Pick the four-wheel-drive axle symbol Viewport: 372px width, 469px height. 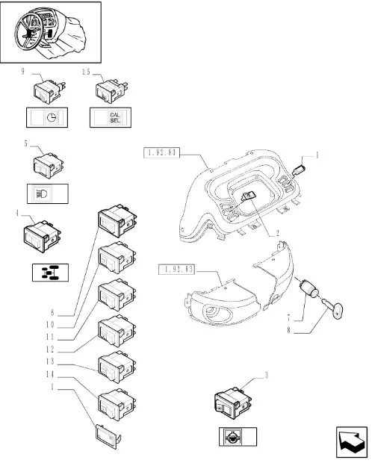click(50, 273)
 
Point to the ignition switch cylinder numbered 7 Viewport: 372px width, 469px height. click(309, 288)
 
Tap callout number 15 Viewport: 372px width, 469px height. click(86, 72)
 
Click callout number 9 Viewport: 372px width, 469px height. click(22, 72)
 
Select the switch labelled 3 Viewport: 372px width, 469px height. click(233, 403)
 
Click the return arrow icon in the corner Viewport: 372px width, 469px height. click(352, 442)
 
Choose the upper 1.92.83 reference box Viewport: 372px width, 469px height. click(161, 152)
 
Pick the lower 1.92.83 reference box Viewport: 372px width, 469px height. click(176, 269)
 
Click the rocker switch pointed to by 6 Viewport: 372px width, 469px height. click(117, 221)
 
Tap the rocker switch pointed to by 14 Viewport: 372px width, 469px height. click(117, 405)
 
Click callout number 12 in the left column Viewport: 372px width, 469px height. click(50, 349)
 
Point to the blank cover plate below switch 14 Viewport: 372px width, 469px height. click(108, 436)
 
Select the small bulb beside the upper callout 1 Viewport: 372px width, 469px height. click(298, 171)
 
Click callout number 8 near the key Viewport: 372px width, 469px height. click(289, 330)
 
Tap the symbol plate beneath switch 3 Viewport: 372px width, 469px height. click(238, 437)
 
